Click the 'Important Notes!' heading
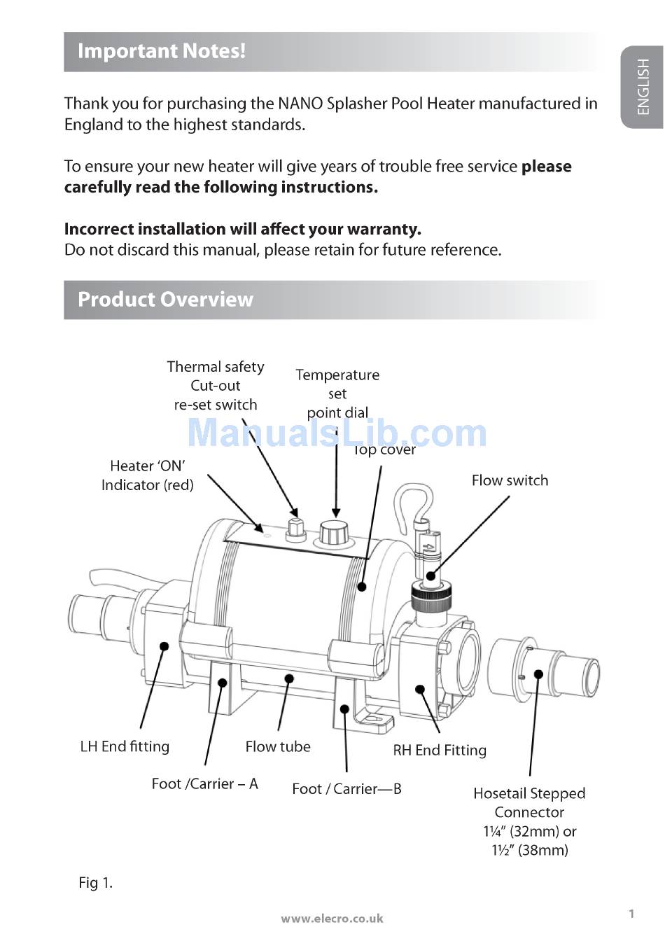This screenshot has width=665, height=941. click(x=162, y=51)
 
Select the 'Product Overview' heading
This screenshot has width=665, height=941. click(x=165, y=300)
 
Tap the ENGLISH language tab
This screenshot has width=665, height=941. click(x=643, y=87)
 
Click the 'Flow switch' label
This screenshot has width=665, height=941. click(x=510, y=480)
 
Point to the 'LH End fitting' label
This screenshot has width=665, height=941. click(x=125, y=746)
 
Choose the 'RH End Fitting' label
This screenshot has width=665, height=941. click(x=440, y=751)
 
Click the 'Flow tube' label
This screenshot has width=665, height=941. click(x=278, y=746)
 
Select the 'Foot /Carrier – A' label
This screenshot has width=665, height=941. click(x=204, y=783)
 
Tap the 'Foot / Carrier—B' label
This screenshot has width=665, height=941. click(x=346, y=789)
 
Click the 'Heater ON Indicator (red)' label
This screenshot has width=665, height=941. click(x=148, y=475)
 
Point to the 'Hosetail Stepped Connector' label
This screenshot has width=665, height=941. click(x=529, y=803)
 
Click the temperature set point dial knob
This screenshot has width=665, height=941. click(x=334, y=534)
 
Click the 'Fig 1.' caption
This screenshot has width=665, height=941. click(x=95, y=883)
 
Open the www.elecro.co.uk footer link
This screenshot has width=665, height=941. click(x=332, y=919)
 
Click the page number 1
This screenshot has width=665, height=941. click(x=631, y=914)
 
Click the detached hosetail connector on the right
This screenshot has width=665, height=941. click(x=542, y=674)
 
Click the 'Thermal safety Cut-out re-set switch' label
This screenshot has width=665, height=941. click(x=216, y=386)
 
